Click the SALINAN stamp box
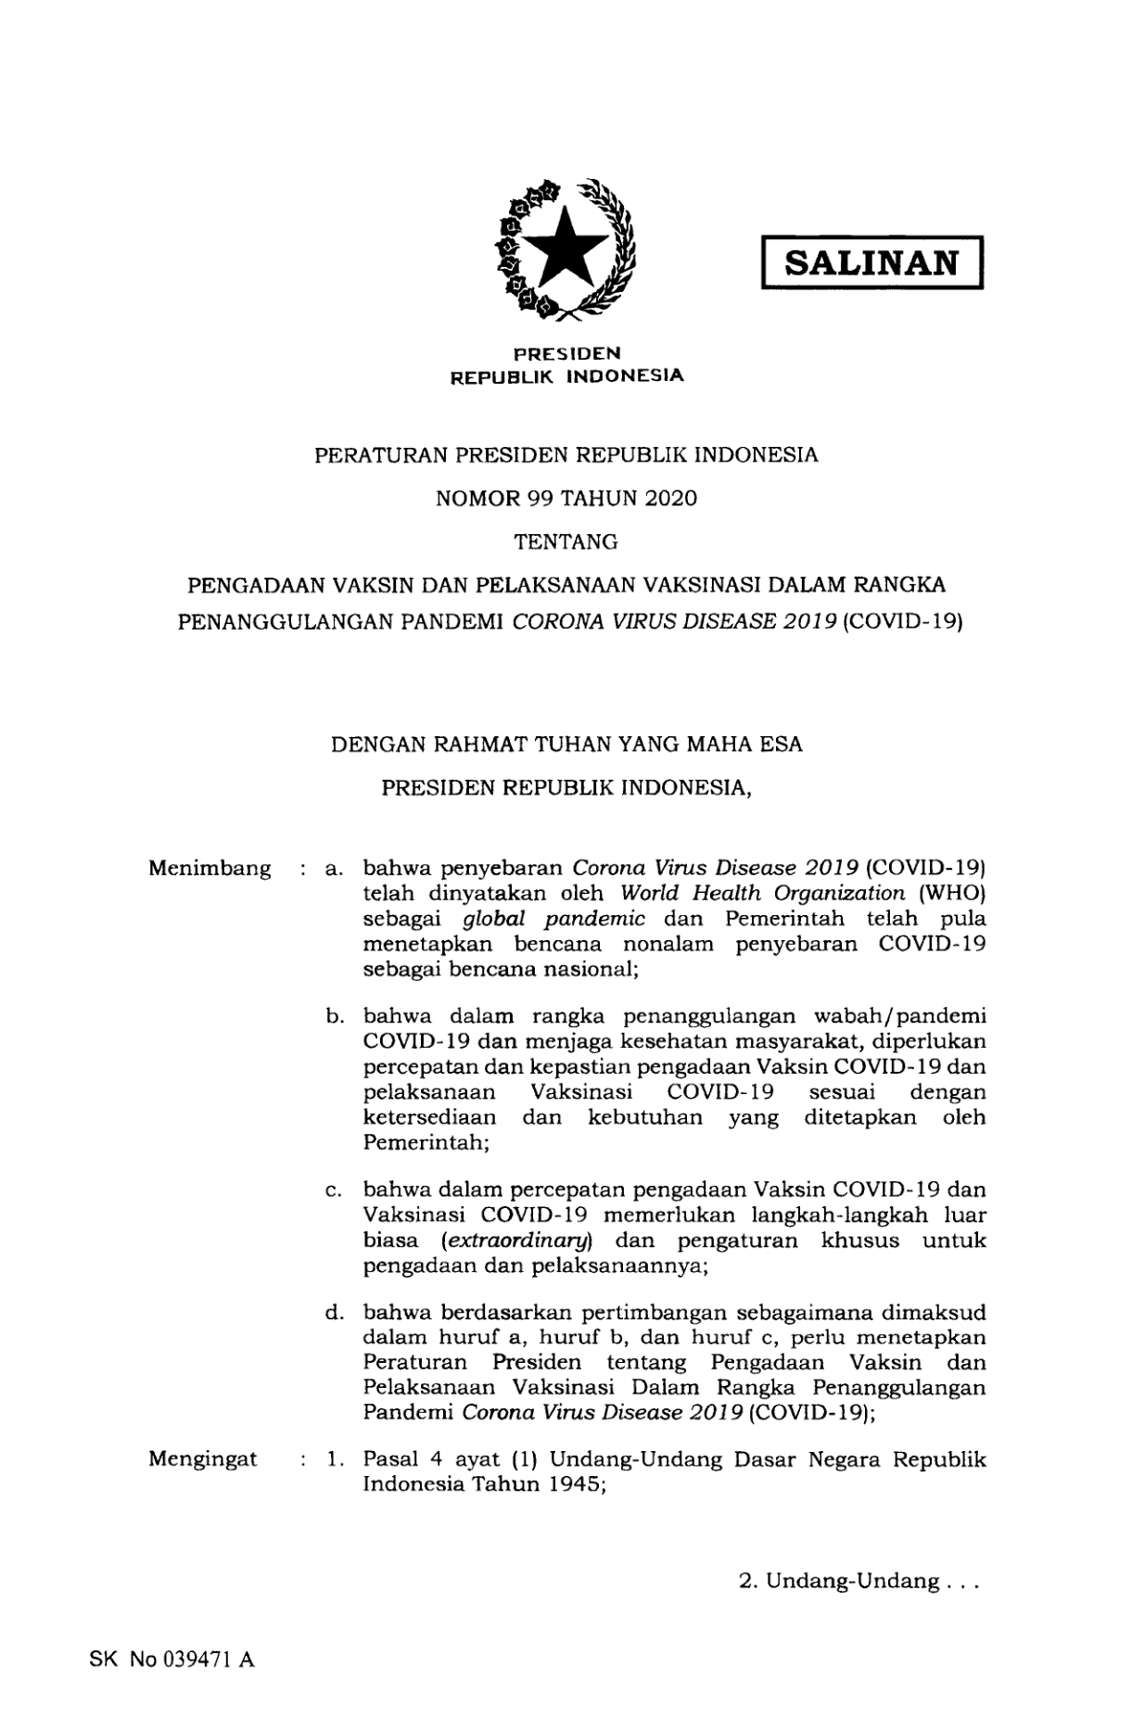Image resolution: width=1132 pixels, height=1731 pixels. pyautogui.click(x=871, y=263)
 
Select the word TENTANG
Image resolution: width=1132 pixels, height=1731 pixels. pyautogui.click(x=566, y=541)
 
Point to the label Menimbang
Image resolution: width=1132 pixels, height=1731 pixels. pyautogui.click(x=210, y=869)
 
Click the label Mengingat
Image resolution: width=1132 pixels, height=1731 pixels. pyautogui.click(x=203, y=1458)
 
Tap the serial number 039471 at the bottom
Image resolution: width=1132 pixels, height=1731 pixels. pyautogui.click(x=197, y=1661)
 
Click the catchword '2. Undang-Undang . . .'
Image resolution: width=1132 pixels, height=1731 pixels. pyautogui.click(x=859, y=1582)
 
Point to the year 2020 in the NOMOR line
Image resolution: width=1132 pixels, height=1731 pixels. pyautogui.click(x=670, y=499)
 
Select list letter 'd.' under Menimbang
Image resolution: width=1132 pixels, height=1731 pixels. pyautogui.click(x=335, y=1313)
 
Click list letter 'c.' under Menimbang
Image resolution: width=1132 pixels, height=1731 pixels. pyautogui.click(x=335, y=1190)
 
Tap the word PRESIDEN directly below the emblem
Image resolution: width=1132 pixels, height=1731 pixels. pyautogui.click(x=567, y=352)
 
